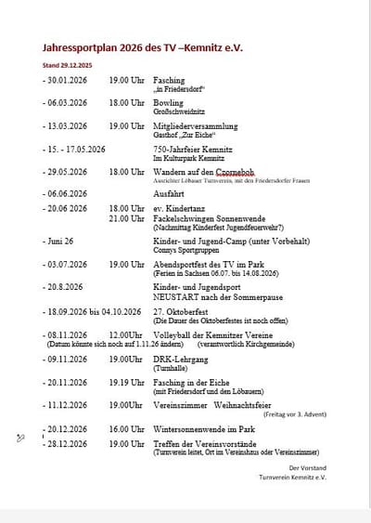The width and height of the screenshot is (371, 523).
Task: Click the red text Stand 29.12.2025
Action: pos(69,65)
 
